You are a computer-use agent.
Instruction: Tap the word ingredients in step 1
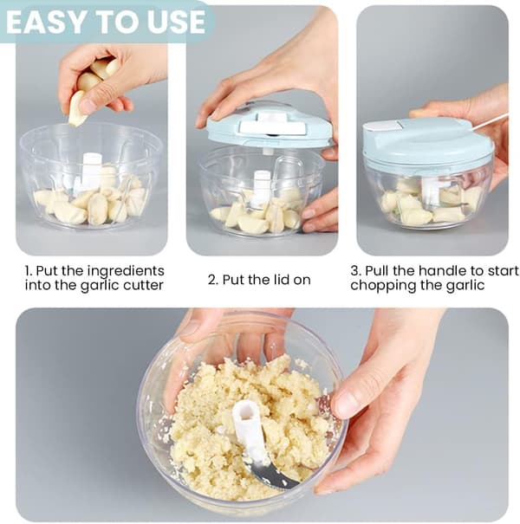126,271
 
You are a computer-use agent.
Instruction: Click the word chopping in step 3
380,286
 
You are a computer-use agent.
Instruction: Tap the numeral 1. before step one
29,271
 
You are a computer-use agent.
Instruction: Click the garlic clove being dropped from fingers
78,108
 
